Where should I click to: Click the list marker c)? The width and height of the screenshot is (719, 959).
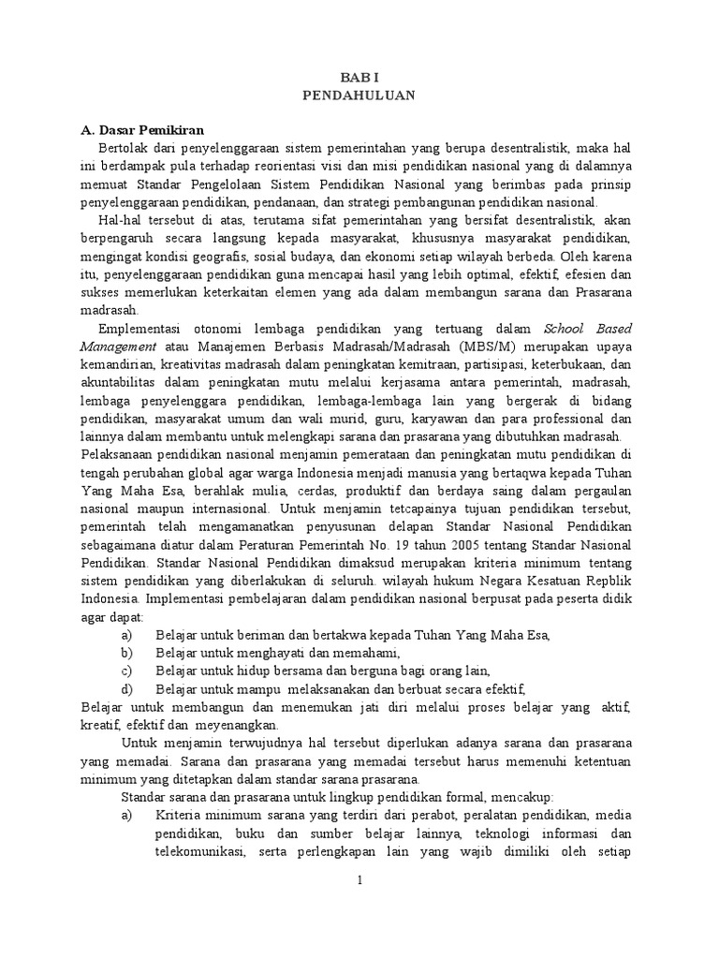coord(127,671)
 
